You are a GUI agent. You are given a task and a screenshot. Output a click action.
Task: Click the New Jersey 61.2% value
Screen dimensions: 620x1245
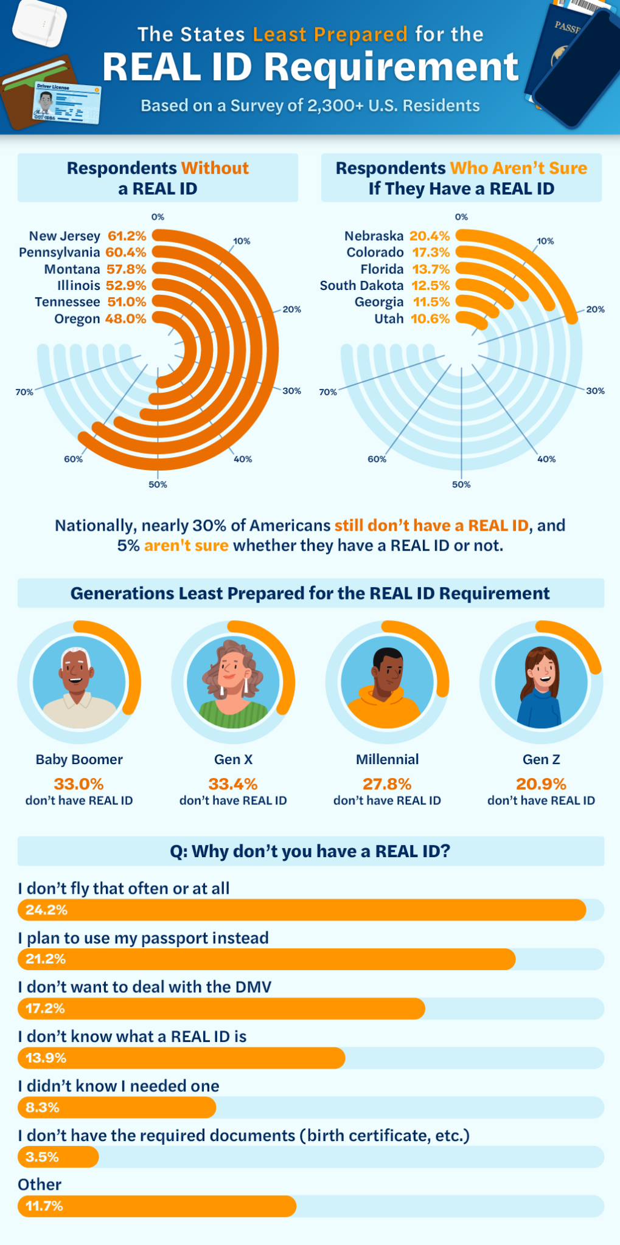(x=127, y=236)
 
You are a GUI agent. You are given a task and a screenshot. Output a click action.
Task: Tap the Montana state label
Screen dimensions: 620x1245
(x=72, y=269)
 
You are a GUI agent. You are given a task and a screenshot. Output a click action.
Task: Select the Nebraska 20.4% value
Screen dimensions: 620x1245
(x=430, y=236)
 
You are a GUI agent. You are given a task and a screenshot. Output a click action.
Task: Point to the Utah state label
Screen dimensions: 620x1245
(x=389, y=319)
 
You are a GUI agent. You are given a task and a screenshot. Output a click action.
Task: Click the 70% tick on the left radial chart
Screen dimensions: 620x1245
(x=24, y=392)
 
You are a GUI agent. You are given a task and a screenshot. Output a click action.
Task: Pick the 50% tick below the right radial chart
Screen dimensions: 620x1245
(x=461, y=485)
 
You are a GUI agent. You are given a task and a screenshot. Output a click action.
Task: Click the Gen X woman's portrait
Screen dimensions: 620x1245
(x=233, y=682)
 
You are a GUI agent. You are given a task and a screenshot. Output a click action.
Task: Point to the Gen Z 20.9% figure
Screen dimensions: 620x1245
(x=541, y=784)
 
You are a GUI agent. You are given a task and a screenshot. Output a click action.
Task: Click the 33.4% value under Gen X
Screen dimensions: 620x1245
(x=233, y=784)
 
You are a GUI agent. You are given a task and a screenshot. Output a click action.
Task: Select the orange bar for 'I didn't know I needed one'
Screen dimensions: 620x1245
(x=117, y=1108)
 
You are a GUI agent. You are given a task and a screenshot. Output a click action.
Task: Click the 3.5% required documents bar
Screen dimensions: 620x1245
(x=58, y=1157)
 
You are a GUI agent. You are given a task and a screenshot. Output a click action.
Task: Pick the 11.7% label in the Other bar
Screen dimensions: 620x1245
(x=44, y=1206)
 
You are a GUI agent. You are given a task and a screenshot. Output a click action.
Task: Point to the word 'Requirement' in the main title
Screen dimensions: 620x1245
(x=391, y=67)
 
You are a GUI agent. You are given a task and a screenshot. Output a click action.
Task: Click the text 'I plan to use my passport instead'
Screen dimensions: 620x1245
(x=143, y=938)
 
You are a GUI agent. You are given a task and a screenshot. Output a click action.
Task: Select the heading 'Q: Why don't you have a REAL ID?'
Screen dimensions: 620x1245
(x=310, y=851)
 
